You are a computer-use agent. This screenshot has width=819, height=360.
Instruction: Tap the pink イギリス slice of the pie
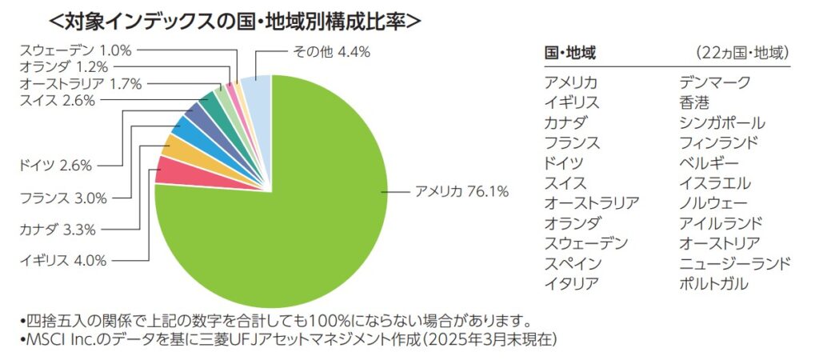(170, 170)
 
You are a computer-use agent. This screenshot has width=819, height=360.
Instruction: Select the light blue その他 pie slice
(257, 94)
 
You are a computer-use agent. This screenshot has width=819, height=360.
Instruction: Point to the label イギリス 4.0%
(62, 260)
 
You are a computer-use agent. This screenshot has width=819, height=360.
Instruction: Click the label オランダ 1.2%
(63, 66)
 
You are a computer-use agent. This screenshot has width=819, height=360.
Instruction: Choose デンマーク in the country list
(714, 82)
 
